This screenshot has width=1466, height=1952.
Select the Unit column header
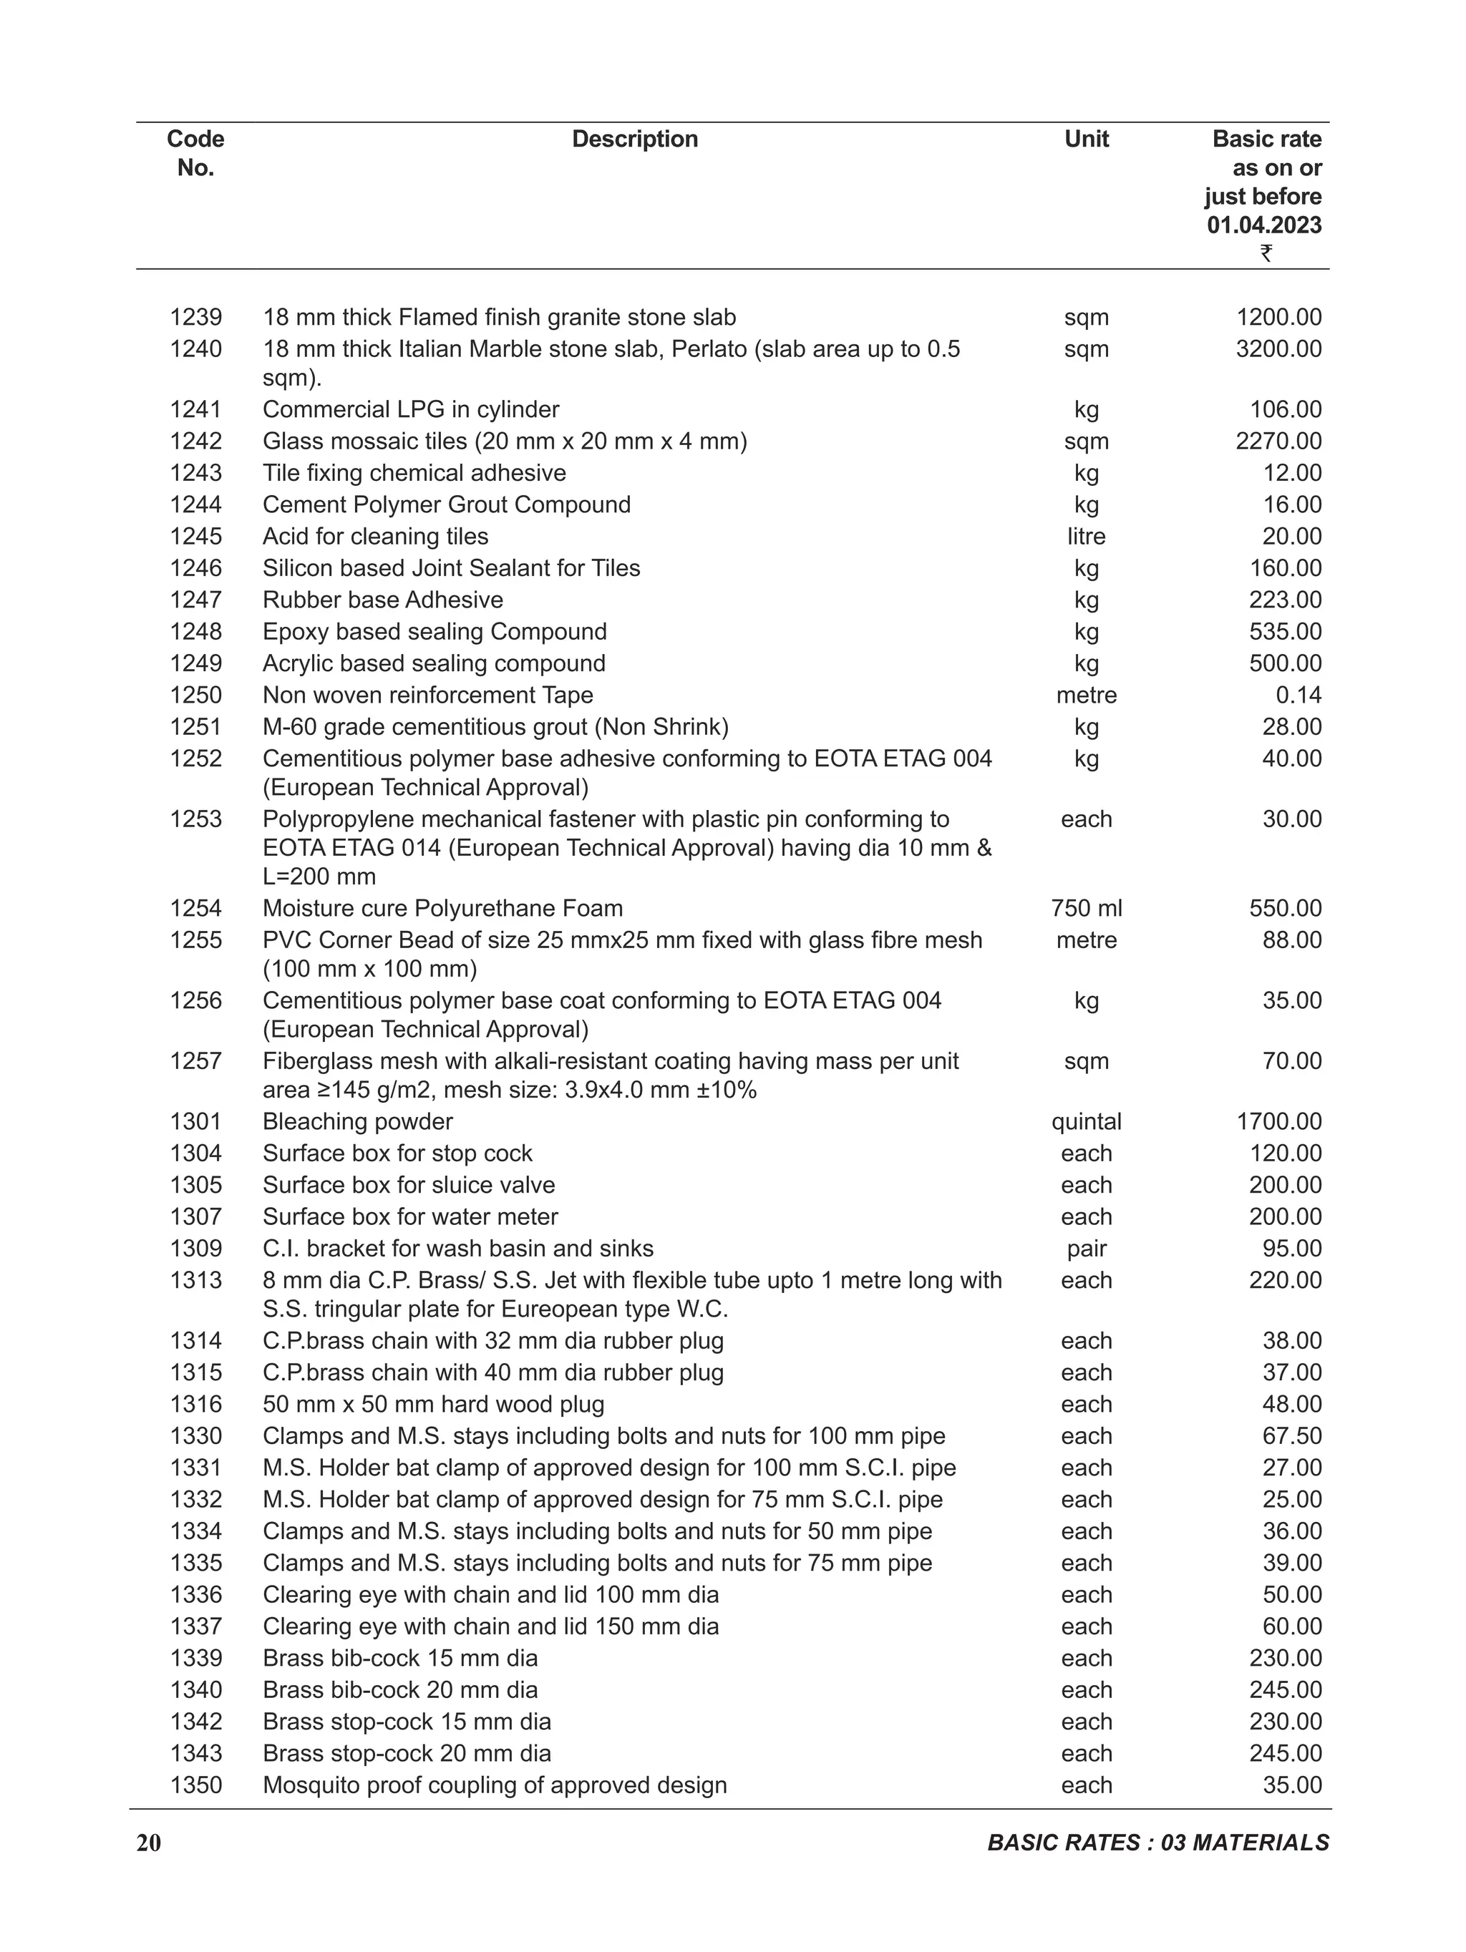1086,140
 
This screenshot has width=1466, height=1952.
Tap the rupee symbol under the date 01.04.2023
1266,253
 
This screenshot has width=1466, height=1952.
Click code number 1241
196,409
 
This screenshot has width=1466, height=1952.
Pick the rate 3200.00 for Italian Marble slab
1278,349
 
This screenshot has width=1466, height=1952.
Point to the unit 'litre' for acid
1086,537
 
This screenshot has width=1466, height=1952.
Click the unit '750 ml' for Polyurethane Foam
1086,908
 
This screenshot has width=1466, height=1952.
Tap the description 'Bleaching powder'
357,1121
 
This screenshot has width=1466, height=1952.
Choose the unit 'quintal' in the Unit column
1086,1121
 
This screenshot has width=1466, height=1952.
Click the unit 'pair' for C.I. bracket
1086,1249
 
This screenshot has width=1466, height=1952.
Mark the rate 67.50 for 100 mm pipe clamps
1291,1436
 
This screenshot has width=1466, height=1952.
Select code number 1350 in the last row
196,1785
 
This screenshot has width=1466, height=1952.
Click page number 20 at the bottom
149,1843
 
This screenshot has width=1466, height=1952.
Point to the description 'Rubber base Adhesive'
382,600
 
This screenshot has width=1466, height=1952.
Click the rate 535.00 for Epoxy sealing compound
1285,632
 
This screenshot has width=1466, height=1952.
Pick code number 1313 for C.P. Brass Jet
196,1280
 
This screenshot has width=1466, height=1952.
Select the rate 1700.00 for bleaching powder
1278,1121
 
